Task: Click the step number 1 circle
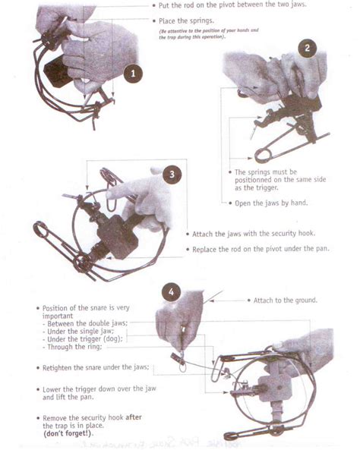tap(132, 74)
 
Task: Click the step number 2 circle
tap(307, 48)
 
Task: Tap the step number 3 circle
tap(173, 174)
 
